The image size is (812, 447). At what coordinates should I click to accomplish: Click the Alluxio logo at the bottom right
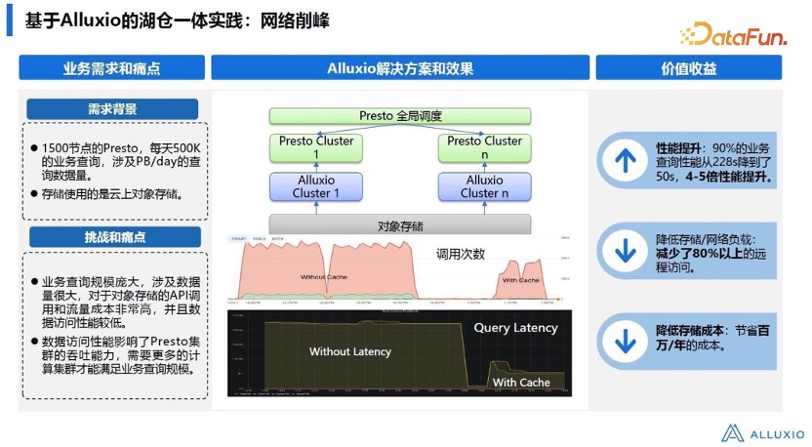[763, 432]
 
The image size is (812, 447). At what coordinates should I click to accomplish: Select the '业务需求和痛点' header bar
[112, 68]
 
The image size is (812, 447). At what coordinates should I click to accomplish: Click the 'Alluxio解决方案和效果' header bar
[400, 68]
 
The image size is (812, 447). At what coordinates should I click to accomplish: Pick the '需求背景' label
[112, 109]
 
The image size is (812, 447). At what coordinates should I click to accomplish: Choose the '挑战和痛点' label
[112, 237]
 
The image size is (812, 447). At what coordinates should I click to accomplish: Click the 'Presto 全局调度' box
[400, 116]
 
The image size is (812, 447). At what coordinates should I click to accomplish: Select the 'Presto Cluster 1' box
[316, 147]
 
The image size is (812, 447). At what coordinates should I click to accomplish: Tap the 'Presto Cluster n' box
[484, 147]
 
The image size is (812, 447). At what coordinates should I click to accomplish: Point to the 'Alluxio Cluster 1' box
[316, 186]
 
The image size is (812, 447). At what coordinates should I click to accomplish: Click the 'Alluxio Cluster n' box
[484, 186]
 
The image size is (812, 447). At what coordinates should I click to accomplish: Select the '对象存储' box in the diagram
[400, 225]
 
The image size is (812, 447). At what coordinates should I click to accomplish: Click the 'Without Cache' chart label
[326, 277]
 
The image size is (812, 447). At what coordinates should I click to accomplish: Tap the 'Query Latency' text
[515, 328]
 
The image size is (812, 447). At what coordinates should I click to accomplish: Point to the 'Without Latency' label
[349, 351]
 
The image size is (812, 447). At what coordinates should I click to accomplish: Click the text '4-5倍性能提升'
[729, 178]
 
